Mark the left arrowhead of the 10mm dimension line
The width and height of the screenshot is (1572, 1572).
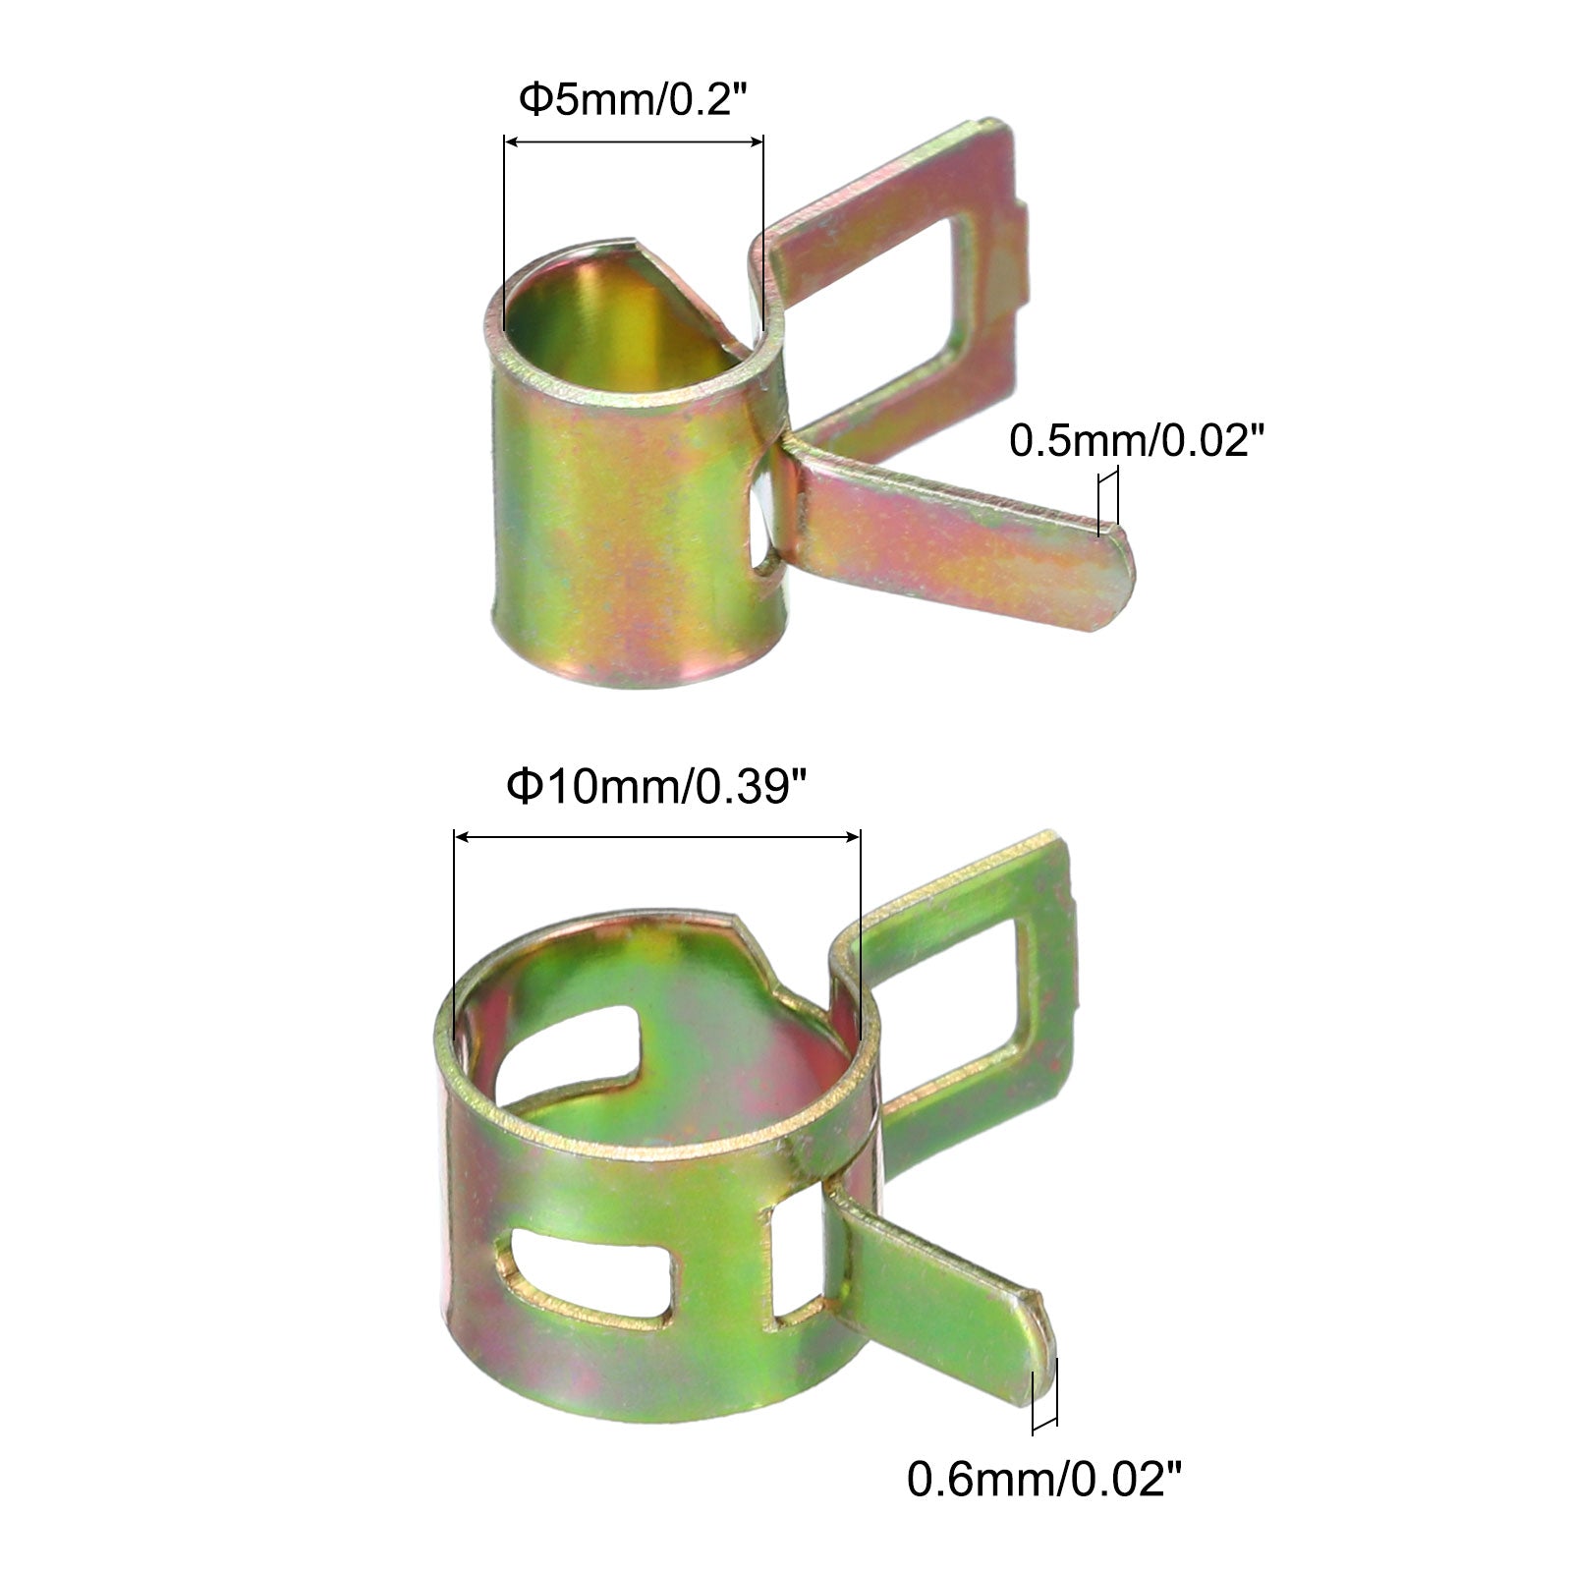(x=462, y=837)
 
